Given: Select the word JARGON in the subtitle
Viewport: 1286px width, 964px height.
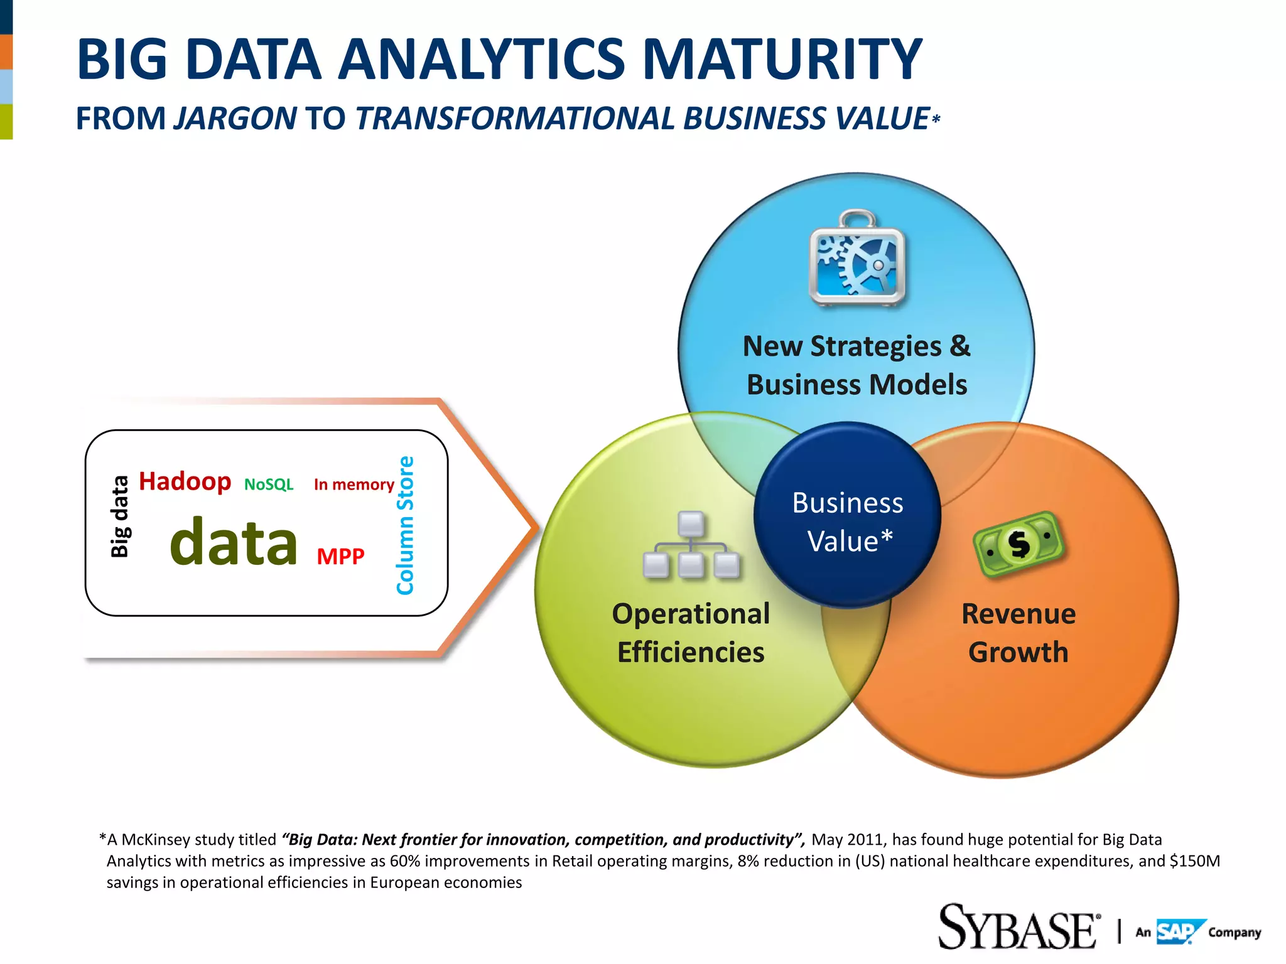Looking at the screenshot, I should pyautogui.click(x=235, y=119).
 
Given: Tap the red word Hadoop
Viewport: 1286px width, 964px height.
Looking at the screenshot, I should pyautogui.click(x=185, y=482).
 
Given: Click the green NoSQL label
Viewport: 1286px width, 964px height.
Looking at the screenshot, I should pyautogui.click(x=269, y=485).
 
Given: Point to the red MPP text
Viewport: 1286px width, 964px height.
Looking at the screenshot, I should pyautogui.click(x=340, y=556).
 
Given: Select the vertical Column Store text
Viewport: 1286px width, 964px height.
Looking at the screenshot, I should pyautogui.click(x=405, y=525).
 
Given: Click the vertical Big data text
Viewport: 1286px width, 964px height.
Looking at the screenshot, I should pyautogui.click(x=119, y=517).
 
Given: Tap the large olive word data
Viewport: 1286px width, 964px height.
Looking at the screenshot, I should pyautogui.click(x=234, y=542).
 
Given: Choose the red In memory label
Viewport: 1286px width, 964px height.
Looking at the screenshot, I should pyautogui.click(x=354, y=485).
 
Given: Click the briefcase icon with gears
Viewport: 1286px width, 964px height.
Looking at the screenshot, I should pyautogui.click(x=857, y=259).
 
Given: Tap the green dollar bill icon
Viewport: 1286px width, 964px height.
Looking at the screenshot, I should pyautogui.click(x=1018, y=544).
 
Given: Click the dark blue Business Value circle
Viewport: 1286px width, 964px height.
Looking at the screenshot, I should pyautogui.click(x=847, y=515).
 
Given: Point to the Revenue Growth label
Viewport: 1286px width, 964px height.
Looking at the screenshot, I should pyautogui.click(x=1018, y=633).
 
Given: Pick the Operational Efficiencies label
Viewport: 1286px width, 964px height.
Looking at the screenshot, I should pyautogui.click(x=691, y=633).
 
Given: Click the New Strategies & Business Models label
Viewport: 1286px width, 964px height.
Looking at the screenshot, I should pyautogui.click(x=856, y=365).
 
